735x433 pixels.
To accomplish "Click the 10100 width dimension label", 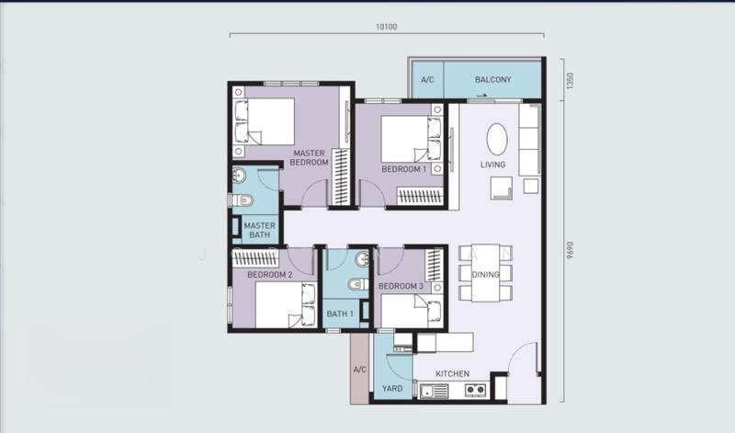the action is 386,27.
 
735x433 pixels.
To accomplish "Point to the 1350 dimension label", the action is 570,81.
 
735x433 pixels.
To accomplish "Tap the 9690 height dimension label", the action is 570,250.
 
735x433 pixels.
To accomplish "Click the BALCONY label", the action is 492,80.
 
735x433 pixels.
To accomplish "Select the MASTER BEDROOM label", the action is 309,157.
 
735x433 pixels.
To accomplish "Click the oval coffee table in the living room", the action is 497,140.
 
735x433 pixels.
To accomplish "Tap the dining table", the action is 485,272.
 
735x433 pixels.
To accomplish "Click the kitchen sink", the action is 434,391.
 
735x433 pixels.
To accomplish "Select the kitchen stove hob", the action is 475,390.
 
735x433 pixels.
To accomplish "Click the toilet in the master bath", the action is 242,200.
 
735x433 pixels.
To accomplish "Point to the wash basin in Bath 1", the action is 362,259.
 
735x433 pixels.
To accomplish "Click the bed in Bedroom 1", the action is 411,140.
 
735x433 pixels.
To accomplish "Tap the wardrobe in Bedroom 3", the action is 434,265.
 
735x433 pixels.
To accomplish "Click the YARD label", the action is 392,389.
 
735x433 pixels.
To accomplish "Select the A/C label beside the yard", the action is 359,370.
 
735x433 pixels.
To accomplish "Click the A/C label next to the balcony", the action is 427,80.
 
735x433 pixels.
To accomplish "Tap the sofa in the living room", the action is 530,140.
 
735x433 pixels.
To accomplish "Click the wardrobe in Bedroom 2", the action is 255,258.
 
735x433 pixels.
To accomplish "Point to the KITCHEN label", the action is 452,374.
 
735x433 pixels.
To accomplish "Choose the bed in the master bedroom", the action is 265,121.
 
